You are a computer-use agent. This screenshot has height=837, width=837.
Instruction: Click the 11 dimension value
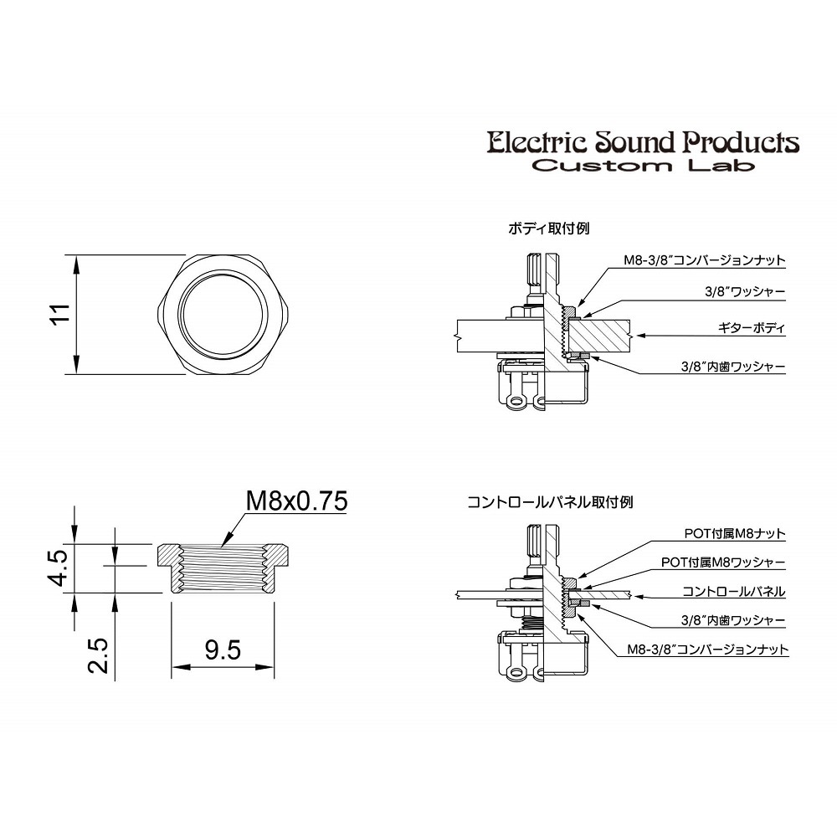pyautogui.click(x=57, y=315)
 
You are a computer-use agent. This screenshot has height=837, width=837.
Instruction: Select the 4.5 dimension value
pyautogui.click(x=57, y=569)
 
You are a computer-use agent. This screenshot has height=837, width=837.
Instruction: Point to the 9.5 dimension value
pyautogui.click(x=223, y=649)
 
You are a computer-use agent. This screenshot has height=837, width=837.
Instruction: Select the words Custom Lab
pyautogui.click(x=643, y=165)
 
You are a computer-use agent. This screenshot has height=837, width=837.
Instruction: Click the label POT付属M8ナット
pyautogui.click(x=735, y=533)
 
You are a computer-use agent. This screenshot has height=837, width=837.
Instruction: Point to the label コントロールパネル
pyautogui.click(x=733, y=592)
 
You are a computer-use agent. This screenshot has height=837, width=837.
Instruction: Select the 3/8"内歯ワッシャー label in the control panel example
pyautogui.click(x=732, y=620)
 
